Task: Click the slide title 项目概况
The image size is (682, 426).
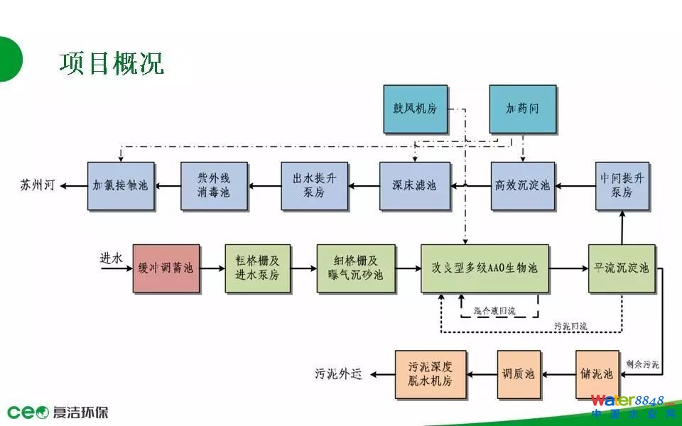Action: point(112,62)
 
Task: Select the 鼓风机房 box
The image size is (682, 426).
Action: point(416,109)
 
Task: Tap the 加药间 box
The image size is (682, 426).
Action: point(522,109)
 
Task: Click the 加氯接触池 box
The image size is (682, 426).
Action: point(121,186)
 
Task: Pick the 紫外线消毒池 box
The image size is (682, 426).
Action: point(214,186)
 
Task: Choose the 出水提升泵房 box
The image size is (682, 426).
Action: point(314,186)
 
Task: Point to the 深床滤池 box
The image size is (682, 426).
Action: point(415,186)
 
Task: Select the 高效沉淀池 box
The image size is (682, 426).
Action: point(522,186)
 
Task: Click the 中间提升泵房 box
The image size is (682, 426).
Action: point(622,186)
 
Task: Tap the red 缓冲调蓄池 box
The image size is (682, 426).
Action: point(166,268)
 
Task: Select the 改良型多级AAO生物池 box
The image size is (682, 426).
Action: point(485,268)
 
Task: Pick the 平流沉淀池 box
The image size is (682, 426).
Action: point(622,268)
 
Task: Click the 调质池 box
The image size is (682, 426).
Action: point(519,373)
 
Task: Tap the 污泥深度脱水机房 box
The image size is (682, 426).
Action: point(431,373)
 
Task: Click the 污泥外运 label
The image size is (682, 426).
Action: point(339,373)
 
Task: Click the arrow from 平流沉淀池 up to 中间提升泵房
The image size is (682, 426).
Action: point(622,228)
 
